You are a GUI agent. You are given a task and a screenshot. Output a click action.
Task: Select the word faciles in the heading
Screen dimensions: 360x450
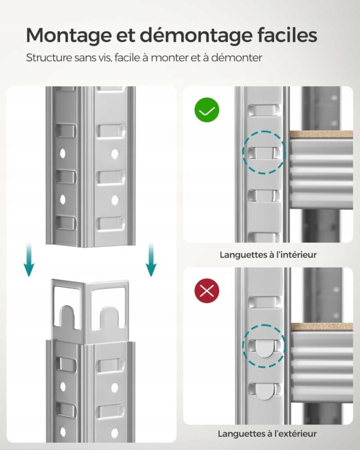tap(287, 35)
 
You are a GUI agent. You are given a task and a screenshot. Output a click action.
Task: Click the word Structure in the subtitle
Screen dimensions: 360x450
tap(49, 58)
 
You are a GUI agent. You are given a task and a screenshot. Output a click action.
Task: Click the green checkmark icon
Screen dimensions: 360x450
tap(206, 110)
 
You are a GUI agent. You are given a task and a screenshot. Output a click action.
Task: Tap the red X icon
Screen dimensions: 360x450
tap(206, 291)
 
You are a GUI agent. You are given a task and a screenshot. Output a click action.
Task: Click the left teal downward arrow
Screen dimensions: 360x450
tap(29, 259)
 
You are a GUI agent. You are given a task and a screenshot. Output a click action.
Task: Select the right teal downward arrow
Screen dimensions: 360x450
tap(151, 259)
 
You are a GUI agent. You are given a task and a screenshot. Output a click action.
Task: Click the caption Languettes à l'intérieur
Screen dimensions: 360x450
tap(268, 255)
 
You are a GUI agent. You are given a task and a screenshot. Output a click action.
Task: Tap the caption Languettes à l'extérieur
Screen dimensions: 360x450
tap(267, 434)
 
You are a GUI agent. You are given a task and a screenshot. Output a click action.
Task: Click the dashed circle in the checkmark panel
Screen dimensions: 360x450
tap(264, 131)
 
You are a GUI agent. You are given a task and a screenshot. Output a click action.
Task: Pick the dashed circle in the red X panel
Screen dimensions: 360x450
tap(264, 325)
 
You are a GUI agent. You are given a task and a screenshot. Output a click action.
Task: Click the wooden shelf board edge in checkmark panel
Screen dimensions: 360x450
tap(321, 134)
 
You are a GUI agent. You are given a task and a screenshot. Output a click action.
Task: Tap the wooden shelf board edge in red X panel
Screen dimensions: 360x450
tap(322, 326)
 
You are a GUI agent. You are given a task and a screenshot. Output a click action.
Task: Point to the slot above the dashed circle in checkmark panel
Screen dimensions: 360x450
tap(263, 110)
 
